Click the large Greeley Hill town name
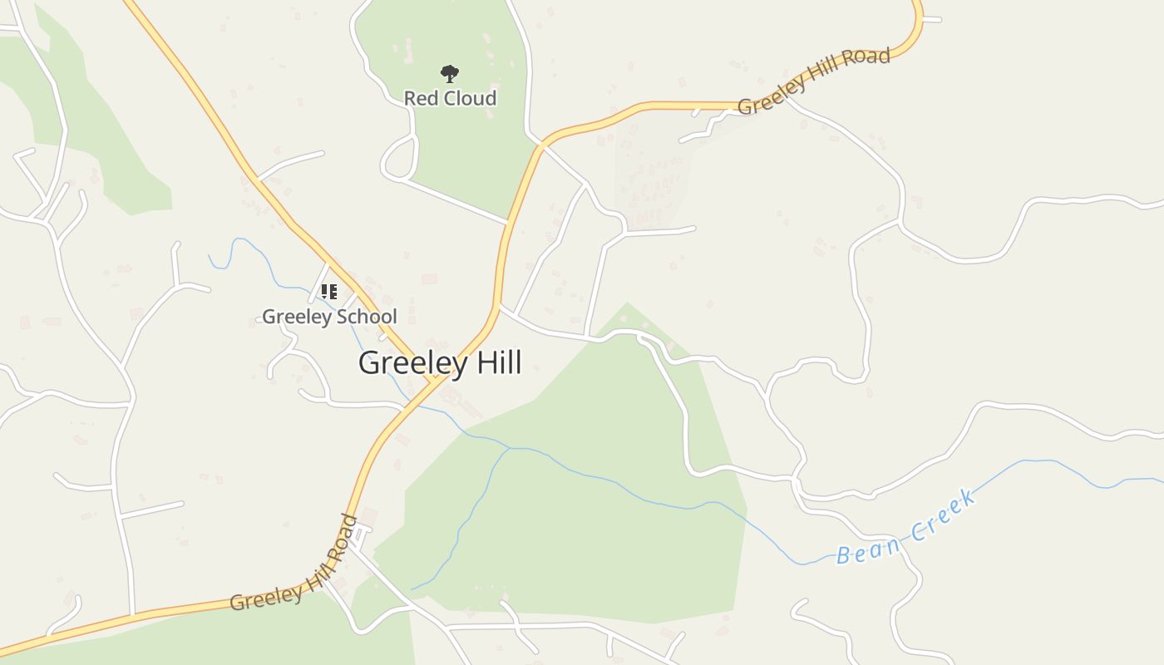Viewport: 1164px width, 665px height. coord(440,363)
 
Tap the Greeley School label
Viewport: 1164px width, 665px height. coord(329,317)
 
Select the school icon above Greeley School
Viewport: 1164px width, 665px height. coord(329,292)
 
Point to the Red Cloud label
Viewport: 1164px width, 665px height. coord(450,98)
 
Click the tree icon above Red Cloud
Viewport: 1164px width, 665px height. coord(450,74)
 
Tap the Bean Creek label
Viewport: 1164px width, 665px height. coord(906,529)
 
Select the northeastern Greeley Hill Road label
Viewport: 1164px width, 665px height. coord(813,81)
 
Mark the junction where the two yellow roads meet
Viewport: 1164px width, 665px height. coord(435,381)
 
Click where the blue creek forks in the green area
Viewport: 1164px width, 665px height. coord(510,449)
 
